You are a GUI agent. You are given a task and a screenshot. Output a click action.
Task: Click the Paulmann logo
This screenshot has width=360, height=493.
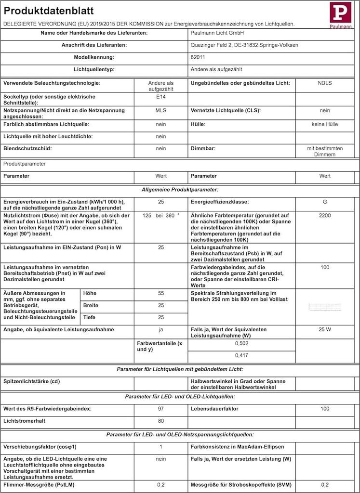340,14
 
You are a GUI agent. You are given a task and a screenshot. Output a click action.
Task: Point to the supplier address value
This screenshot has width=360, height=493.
244,45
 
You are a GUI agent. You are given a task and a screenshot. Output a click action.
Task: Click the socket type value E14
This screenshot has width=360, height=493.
160,96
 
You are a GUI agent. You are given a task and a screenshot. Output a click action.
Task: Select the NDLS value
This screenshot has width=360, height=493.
324,83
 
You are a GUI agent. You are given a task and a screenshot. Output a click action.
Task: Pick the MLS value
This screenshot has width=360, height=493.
160,111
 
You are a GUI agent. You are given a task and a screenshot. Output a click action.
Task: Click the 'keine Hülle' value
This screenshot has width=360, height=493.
324,124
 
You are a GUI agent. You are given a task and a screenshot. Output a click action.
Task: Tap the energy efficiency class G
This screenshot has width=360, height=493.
324,202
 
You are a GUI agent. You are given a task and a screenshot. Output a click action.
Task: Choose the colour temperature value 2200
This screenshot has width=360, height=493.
324,215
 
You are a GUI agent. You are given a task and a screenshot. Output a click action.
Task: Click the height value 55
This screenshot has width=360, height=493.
160,293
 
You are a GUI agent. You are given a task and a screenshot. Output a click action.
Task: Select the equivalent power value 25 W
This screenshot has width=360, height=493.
324,330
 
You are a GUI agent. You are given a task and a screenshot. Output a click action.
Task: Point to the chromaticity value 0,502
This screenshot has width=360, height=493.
241,343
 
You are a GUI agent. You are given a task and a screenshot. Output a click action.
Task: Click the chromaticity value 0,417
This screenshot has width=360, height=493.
241,355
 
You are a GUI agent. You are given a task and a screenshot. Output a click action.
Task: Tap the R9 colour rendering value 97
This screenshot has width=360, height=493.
160,409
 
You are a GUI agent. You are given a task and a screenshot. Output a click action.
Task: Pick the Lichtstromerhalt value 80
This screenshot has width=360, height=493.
160,421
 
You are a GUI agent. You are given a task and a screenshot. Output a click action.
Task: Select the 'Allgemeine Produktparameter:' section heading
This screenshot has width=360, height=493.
180,190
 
